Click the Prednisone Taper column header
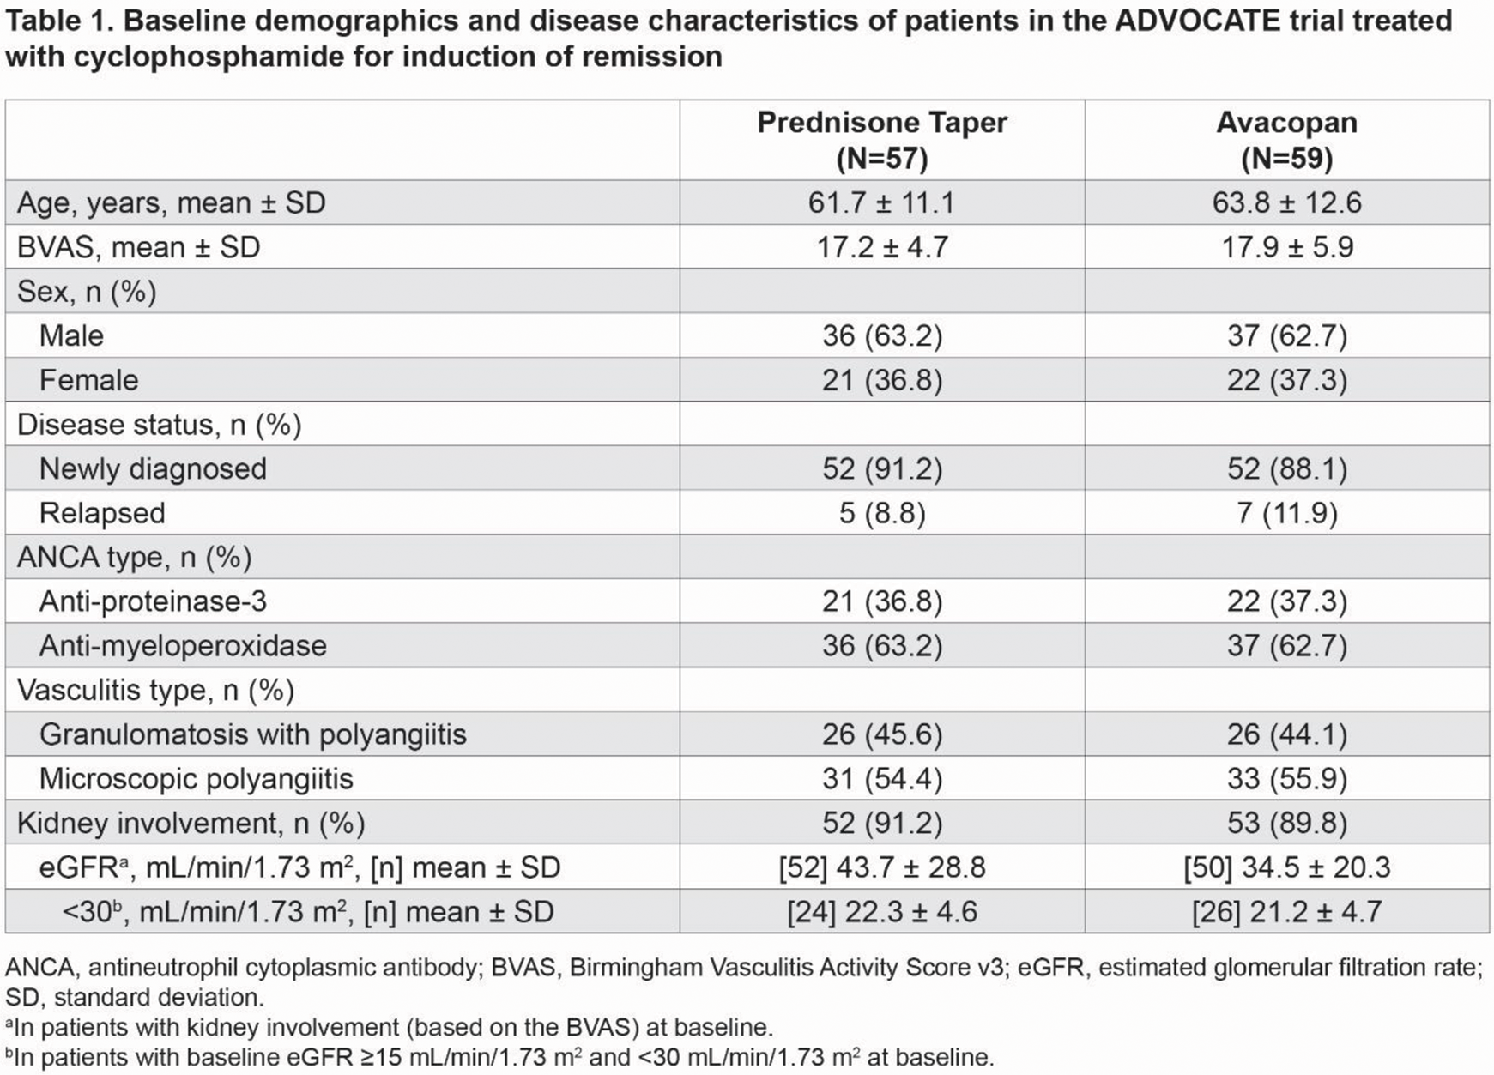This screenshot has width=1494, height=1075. [882, 140]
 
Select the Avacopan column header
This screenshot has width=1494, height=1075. [1287, 140]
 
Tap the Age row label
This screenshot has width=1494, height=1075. [172, 203]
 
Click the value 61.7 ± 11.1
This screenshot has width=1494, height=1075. [881, 202]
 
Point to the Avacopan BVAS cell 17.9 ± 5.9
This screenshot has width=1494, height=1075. [1287, 247]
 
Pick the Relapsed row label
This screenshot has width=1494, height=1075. [102, 513]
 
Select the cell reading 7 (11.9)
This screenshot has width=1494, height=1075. [1287, 513]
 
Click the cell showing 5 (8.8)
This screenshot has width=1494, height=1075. [882, 513]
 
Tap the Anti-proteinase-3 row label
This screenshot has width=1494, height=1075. [153, 601]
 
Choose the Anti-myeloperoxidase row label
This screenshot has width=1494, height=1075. [183, 646]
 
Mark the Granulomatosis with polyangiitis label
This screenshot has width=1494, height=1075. [253, 734]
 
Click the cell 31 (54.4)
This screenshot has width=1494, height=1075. [882, 779]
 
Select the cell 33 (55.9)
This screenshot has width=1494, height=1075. [1287, 779]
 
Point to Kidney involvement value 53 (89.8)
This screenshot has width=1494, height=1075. [1287, 824]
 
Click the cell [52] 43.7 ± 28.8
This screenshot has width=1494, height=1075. [882, 867]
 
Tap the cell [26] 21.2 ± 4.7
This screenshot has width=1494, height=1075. [1287, 912]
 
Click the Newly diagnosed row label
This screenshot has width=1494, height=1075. [153, 469]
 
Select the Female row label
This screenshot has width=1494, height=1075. [88, 380]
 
